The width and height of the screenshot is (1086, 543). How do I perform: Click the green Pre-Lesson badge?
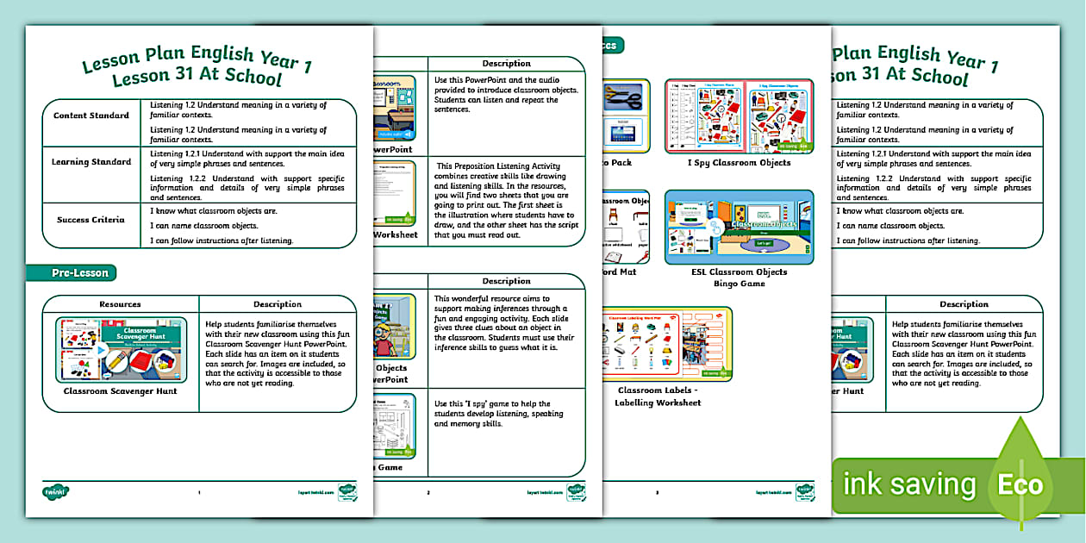(80, 273)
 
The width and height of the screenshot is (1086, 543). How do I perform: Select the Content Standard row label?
(91, 115)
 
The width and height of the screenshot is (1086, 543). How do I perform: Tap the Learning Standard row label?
(91, 162)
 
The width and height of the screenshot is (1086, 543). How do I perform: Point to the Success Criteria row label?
(91, 220)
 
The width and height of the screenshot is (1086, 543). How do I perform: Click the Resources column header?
(120, 304)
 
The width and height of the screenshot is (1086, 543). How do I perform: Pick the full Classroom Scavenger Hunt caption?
(120, 391)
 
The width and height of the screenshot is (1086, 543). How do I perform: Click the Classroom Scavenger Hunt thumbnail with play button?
(120, 349)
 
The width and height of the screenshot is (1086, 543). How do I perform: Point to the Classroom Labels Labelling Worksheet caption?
(658, 396)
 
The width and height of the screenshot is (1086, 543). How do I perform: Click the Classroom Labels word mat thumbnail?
(667, 344)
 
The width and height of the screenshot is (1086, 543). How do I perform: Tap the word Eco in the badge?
(1021, 484)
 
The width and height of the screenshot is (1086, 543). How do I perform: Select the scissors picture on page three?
(625, 96)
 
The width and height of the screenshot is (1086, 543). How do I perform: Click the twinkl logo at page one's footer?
(55, 492)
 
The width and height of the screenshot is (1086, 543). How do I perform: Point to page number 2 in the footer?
(428, 493)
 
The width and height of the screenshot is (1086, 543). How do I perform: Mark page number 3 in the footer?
(657, 493)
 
